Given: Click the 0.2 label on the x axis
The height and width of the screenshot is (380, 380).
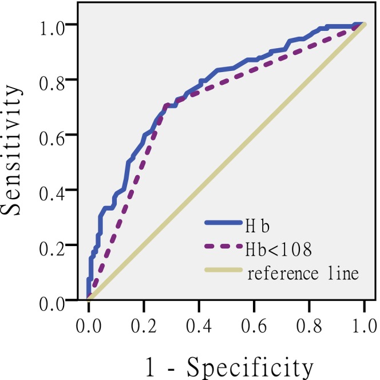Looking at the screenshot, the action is point(144,326).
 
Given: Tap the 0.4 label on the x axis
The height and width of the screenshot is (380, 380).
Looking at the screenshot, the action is point(199,326).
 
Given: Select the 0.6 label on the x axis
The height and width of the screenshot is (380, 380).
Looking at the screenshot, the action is point(254,326).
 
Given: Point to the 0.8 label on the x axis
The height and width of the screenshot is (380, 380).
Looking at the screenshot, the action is point(309,326).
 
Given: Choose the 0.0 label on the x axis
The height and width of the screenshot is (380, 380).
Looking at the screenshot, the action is point(89,326).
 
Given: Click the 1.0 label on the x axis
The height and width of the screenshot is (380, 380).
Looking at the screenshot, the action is point(364,326).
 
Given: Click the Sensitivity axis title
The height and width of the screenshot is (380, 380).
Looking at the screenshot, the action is point(11,150).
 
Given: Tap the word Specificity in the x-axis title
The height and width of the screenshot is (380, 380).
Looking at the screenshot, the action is point(250,368).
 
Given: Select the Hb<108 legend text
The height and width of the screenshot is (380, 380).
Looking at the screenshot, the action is point(279,250).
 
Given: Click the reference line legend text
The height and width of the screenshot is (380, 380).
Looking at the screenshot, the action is point(303,273).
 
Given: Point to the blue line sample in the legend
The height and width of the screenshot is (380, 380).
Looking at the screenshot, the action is point(223,223).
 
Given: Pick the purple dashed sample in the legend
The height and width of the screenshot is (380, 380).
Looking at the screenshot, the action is point(223,246).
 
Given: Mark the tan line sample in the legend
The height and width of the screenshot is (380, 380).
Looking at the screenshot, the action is point(223,270).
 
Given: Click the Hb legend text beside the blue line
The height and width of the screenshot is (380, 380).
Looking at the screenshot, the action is point(257,226).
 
